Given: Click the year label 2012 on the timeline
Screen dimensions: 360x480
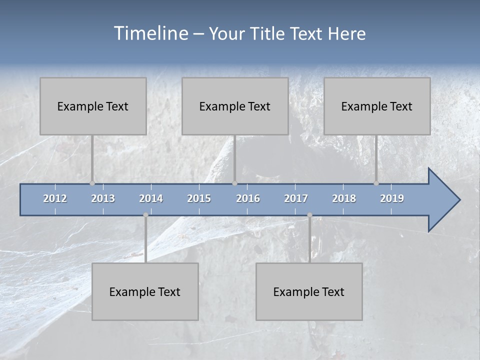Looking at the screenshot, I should point(55,199).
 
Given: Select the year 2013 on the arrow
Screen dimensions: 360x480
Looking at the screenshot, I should point(103,199).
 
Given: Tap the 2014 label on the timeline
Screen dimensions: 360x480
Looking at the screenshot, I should point(151,199).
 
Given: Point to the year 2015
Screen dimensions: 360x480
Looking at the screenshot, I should point(199,199).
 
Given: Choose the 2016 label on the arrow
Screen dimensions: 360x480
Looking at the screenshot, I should point(248,199).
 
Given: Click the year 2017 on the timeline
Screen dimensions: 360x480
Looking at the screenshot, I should point(296,199).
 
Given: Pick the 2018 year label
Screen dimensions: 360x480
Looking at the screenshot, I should point(344,199).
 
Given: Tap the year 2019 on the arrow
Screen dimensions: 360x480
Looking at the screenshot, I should point(392,199).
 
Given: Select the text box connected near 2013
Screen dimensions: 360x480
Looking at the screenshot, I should point(93,106).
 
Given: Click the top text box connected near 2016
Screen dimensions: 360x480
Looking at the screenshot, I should point(235,106).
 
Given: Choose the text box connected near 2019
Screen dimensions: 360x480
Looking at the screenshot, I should point(377,106).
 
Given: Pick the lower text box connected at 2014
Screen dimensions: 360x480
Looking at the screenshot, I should point(145,291).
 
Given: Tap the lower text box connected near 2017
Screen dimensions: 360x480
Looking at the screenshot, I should point(309,291).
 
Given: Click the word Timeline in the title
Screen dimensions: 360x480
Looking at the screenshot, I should point(150,33).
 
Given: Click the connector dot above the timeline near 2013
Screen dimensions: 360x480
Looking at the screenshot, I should point(92,183).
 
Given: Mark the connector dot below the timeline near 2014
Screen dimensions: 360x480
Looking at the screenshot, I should point(145,215).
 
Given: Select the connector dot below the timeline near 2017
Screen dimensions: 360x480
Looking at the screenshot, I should point(309,215).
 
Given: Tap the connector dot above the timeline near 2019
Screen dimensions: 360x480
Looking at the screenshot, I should point(376,183).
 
